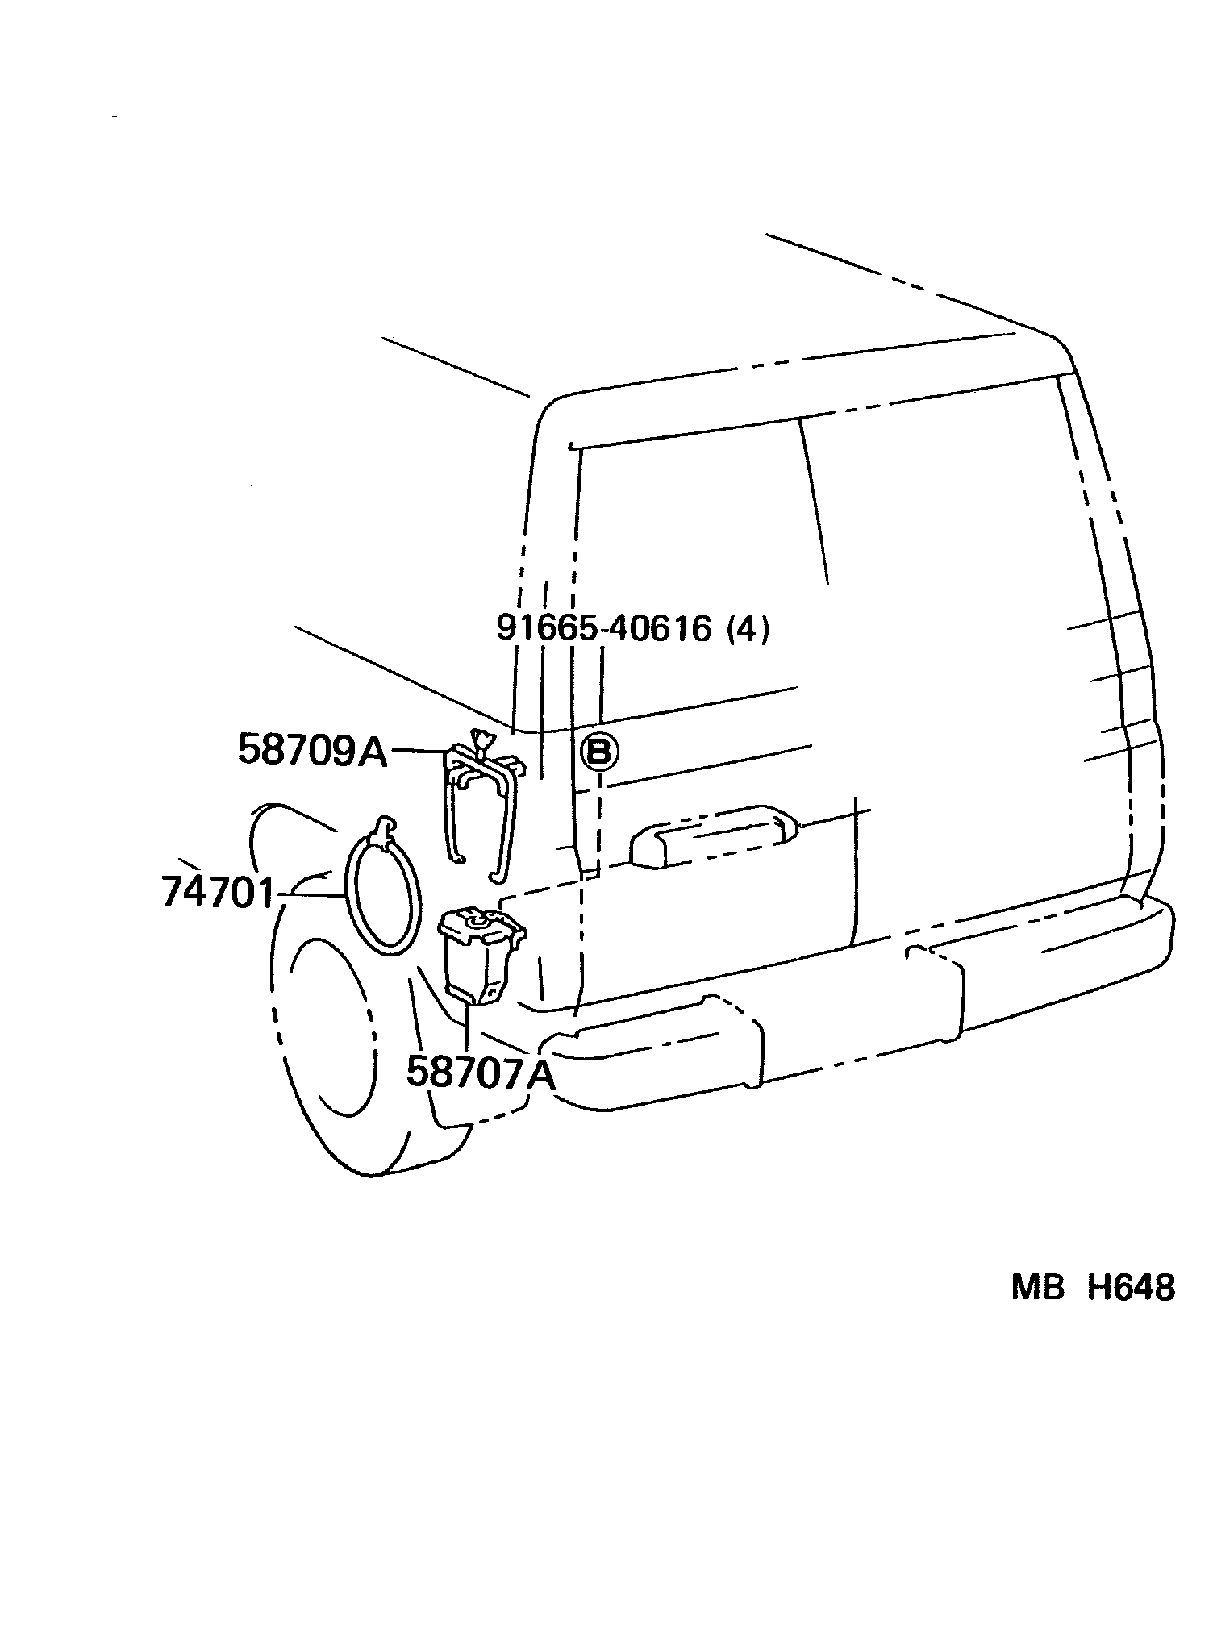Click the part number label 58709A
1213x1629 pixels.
click(x=312, y=751)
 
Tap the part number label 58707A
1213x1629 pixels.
click(x=481, y=1073)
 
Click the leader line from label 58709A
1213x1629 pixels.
click(x=418, y=751)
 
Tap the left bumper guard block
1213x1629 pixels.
click(x=653, y=1052)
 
